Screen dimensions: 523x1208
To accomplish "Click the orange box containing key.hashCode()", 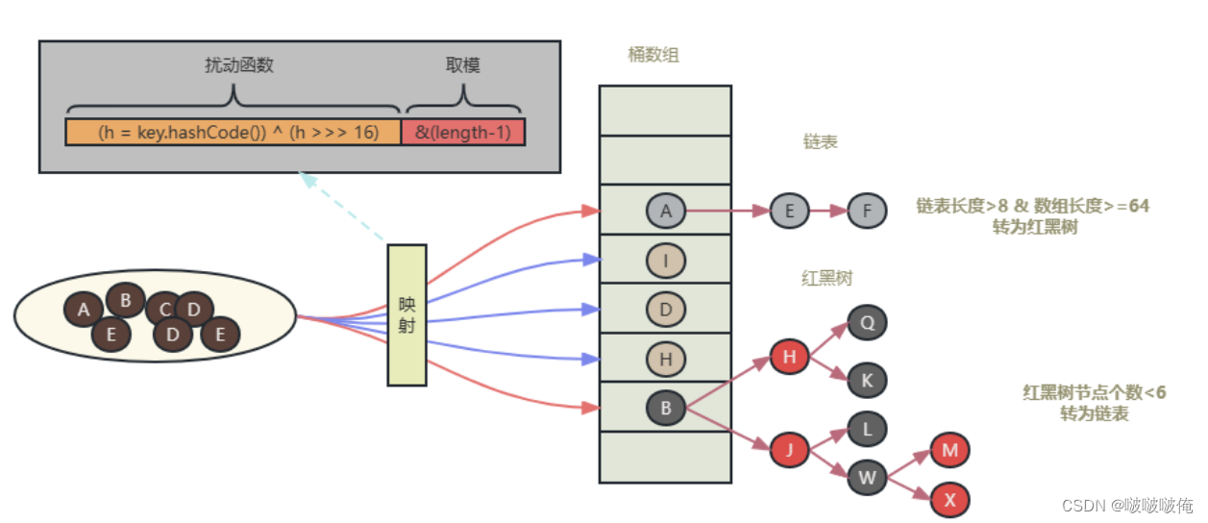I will [234, 132].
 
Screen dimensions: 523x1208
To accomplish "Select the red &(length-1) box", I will [464, 132].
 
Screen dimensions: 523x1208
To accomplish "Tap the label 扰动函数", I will [234, 65].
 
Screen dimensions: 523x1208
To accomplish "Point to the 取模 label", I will [462, 65].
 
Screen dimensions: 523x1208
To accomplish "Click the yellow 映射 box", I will [407, 314].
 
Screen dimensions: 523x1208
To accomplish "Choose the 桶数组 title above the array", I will [653, 55].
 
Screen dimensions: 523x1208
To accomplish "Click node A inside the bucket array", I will [665, 211].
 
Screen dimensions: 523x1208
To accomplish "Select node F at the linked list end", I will [867, 211].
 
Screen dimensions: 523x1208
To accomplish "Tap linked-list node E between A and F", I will [789, 211].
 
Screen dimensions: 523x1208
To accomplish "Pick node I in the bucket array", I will [665, 260].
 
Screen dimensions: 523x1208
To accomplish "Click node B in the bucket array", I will [665, 408].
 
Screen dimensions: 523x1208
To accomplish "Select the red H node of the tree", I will [789, 359].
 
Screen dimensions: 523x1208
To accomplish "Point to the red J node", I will [789, 448].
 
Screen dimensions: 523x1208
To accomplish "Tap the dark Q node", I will [867, 323].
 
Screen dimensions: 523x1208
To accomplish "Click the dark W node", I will [867, 476].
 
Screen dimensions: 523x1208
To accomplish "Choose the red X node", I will [949, 500].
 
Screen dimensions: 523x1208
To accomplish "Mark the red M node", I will [949, 450].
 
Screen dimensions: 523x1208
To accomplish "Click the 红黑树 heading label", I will [826, 279].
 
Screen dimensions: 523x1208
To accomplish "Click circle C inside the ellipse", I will [164, 309].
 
